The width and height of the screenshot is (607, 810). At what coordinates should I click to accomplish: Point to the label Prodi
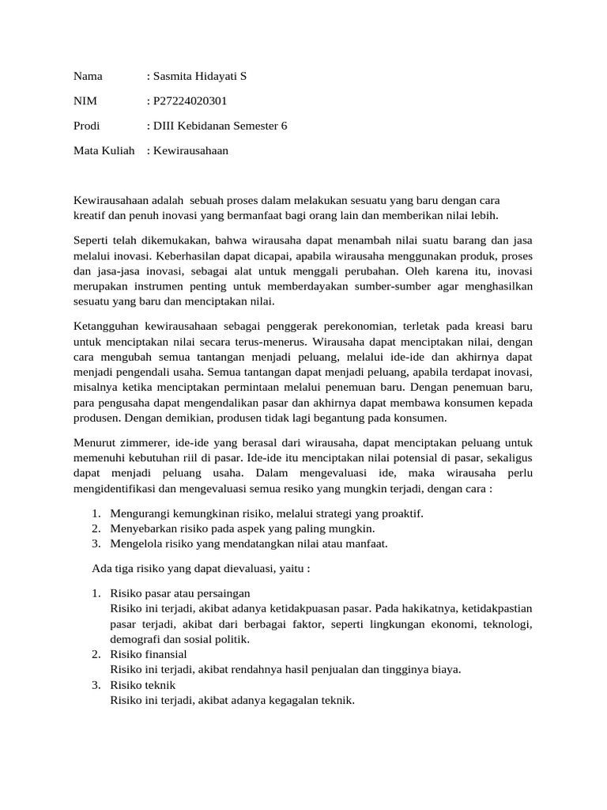click(x=88, y=125)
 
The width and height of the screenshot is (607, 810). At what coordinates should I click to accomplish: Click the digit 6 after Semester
click(x=285, y=125)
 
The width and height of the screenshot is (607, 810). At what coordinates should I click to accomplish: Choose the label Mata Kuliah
click(x=104, y=150)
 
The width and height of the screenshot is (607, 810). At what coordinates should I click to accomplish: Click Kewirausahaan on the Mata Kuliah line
click(x=190, y=150)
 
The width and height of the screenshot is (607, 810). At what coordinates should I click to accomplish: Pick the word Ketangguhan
click(x=108, y=327)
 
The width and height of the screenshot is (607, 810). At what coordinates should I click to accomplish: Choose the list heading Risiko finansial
click(x=149, y=654)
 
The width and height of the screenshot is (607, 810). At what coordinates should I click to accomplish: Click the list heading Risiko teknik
click(x=143, y=684)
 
